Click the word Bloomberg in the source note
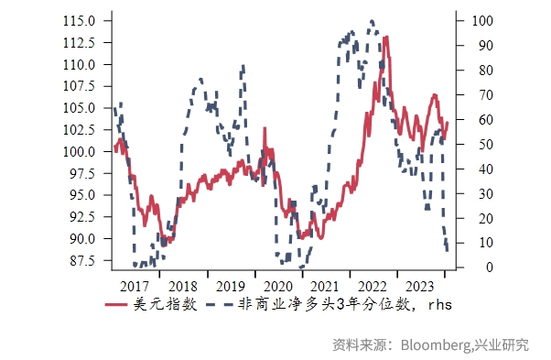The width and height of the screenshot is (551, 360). point(434,345)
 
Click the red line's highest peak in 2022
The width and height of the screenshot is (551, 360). point(386,38)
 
